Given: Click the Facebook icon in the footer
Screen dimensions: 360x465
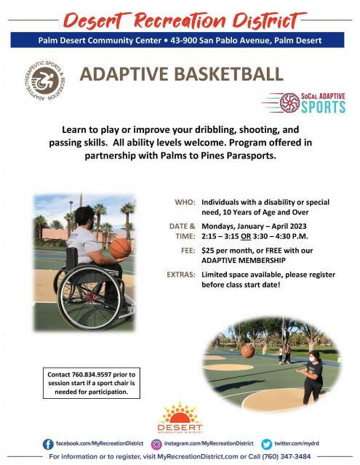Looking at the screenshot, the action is coord(48,444).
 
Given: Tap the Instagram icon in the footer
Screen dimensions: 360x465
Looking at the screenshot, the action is coord(156,444).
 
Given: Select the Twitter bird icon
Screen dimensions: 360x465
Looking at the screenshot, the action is coord(266,444).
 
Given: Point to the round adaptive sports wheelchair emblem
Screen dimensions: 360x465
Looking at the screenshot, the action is coord(45,81).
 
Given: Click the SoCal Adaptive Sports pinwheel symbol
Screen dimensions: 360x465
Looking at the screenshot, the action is coord(289,102).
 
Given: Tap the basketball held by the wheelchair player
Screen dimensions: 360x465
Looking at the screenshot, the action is coord(120,248).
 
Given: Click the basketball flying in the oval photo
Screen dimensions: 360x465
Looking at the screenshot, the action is coord(248,351).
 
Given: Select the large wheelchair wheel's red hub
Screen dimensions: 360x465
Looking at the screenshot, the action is coord(91,296).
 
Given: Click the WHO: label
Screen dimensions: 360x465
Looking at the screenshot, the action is coord(185,202).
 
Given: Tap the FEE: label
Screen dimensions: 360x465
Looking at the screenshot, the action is coord(188,251).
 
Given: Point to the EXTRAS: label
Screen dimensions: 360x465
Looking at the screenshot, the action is coord(181,275).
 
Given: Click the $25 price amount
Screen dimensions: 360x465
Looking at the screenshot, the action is coord(208,251).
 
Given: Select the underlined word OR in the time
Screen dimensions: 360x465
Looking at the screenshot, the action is coord(246,236).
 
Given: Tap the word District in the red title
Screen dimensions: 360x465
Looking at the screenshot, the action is coord(268,21).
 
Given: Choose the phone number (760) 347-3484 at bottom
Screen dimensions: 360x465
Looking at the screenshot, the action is coord(286,456).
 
